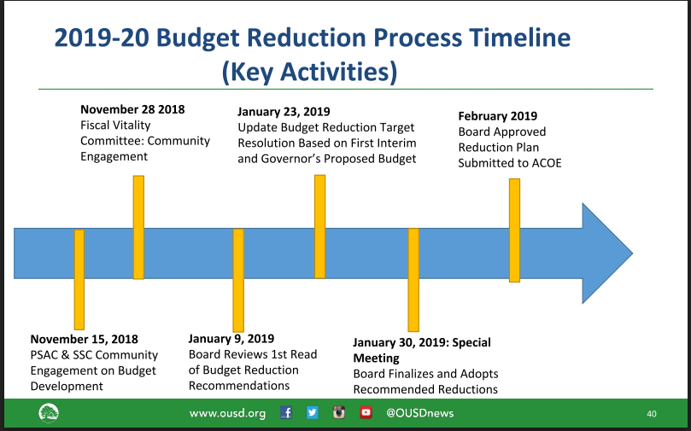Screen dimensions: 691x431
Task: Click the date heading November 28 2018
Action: [132, 109]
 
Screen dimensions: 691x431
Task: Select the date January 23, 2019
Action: [284, 112]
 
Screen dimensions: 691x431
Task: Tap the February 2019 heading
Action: [498, 116]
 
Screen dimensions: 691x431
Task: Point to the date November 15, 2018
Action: [85, 340]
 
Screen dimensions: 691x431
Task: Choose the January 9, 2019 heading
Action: [231, 339]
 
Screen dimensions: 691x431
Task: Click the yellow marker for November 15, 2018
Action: [79, 280]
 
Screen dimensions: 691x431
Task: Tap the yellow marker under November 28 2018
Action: [139, 227]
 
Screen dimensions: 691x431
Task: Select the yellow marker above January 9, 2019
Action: [238, 280]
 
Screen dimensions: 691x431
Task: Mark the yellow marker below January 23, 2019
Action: [320, 227]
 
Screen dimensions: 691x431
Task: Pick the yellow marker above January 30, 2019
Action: [413, 280]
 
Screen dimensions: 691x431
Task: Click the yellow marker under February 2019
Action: [515, 230]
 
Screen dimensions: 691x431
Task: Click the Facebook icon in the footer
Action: [286, 412]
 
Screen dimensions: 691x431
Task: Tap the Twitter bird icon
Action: [313, 412]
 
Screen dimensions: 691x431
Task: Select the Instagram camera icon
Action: [338, 412]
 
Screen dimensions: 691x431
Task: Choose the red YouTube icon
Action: [366, 412]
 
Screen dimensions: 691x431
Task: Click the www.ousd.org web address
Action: [227, 413]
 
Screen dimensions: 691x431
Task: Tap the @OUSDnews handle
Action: [420, 413]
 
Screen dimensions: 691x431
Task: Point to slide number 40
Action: [652, 414]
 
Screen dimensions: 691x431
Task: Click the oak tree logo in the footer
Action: [49, 413]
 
